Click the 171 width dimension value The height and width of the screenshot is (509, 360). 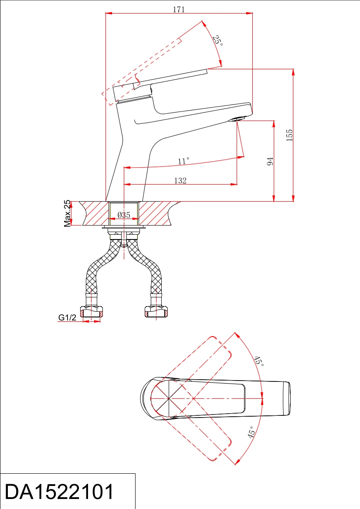coord(179,10)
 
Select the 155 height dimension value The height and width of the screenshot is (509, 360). coord(289,135)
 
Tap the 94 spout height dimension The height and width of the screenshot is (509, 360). coord(270,162)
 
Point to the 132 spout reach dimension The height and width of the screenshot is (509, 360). coord(180,181)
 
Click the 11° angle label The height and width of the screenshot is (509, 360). coord(183,161)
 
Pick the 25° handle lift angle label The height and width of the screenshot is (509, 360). coord(217,40)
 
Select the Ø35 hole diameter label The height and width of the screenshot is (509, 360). coord(124,215)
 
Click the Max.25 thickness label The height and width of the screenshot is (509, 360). coord(67,213)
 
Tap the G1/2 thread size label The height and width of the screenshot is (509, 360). coord(67,317)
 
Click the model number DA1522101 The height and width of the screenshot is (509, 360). coord(59,492)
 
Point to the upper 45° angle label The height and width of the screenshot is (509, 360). coord(259,361)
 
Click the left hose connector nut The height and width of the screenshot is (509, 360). coord(92,311)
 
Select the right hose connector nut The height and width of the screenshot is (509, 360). coord(156,311)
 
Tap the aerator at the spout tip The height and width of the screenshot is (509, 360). coord(237,119)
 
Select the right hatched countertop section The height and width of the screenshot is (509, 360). coord(155,213)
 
